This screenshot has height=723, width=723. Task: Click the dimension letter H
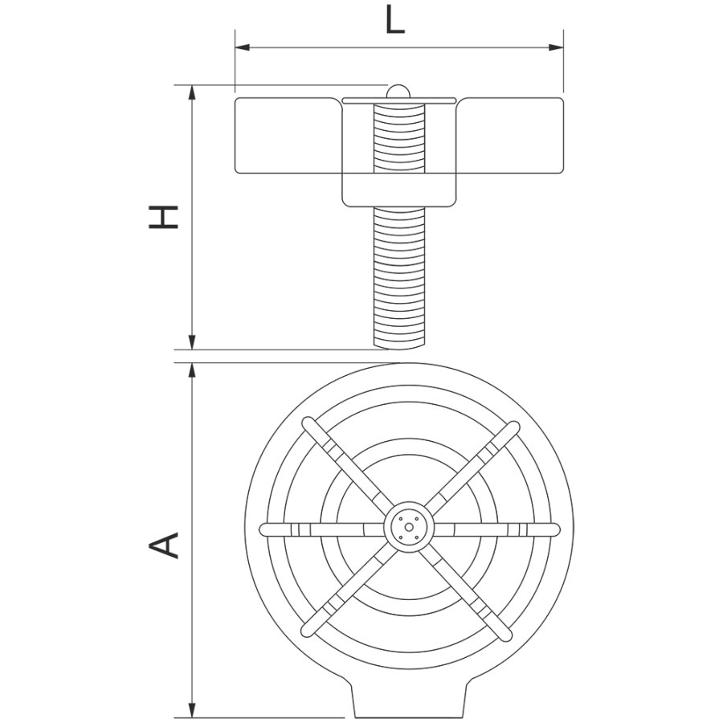[163, 217]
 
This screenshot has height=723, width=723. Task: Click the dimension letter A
[163, 545]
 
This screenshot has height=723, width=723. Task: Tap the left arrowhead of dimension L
[242, 47]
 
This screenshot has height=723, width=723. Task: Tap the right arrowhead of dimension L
[556, 47]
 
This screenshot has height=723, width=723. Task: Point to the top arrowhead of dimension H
[193, 92]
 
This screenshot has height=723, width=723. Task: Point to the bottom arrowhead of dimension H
[193, 342]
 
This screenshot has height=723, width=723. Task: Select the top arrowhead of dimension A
[193, 370]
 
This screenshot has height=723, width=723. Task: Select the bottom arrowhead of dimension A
[193, 711]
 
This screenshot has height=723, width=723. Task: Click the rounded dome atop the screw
[398, 92]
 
